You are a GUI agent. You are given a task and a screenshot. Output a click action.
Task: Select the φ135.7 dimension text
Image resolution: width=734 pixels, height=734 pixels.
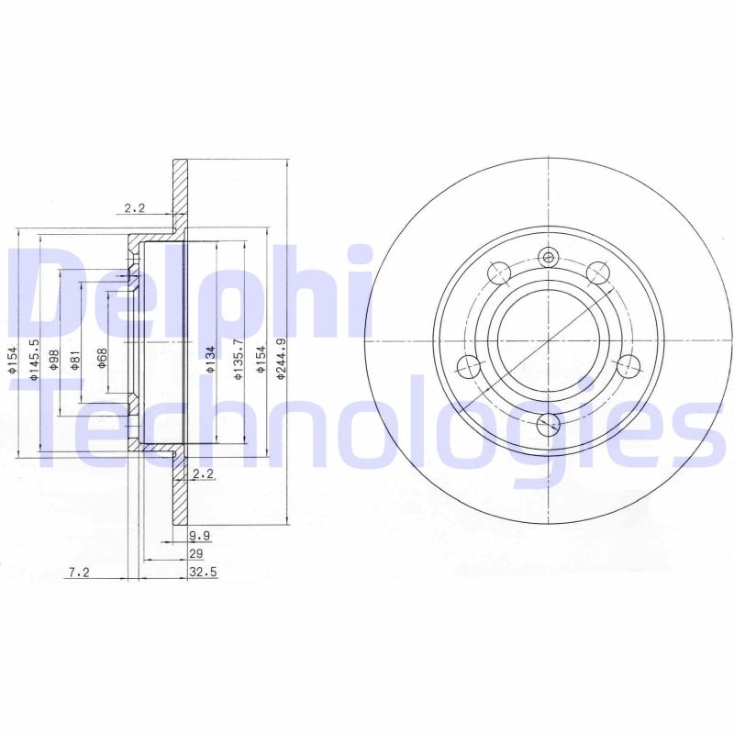(x=238, y=359)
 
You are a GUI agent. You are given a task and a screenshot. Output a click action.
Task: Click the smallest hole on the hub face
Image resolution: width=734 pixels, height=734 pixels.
(x=549, y=258)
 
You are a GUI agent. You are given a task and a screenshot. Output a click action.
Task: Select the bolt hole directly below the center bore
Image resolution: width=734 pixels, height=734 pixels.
(x=549, y=423)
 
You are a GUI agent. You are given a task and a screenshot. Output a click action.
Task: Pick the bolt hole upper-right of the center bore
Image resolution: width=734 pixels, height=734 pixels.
(x=598, y=272)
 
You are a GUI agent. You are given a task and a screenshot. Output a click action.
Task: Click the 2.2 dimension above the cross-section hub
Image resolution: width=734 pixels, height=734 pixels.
(x=135, y=208)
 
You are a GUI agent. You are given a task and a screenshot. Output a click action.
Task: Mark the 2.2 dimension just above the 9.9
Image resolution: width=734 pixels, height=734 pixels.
(x=204, y=473)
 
